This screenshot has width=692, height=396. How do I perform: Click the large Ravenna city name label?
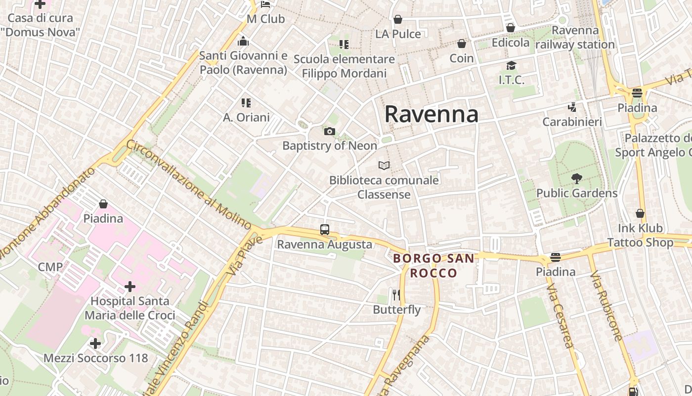[431, 114]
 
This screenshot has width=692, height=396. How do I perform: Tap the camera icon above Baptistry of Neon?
[330, 131]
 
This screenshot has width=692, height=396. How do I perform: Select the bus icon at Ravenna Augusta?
[325, 230]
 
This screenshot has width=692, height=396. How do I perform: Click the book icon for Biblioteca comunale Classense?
[384, 165]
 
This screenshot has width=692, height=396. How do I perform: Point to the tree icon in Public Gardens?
[576, 179]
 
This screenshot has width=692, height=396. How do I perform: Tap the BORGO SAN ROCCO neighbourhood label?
[434, 265]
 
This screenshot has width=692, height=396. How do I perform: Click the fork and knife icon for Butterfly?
[396, 295]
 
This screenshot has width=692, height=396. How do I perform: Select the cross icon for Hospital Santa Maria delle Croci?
[130, 287]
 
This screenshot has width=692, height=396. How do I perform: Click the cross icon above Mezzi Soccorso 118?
[95, 343]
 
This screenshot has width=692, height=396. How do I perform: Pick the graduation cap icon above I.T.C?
[511, 65]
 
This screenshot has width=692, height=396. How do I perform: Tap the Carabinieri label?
[572, 122]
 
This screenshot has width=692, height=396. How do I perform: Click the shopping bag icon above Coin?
[462, 44]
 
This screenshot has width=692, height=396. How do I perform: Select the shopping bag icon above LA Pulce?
[398, 20]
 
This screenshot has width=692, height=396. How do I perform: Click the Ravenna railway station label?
[575, 37]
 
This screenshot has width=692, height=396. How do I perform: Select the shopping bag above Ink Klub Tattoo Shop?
[640, 214]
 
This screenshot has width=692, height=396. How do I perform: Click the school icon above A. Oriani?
[246, 103]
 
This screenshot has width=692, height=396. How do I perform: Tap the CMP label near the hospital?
[50, 267]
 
